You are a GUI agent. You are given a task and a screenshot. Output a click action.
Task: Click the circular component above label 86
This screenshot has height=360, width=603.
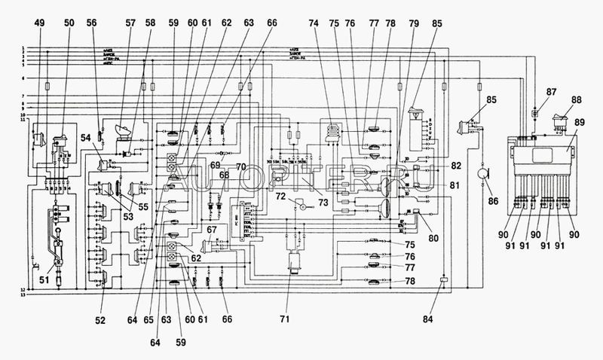479,173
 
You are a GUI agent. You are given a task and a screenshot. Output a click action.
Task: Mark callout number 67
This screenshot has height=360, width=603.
213,230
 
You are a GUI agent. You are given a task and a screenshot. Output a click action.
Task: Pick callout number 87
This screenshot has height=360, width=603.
552,92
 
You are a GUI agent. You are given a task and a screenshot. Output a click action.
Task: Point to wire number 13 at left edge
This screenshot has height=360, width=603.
23,295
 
